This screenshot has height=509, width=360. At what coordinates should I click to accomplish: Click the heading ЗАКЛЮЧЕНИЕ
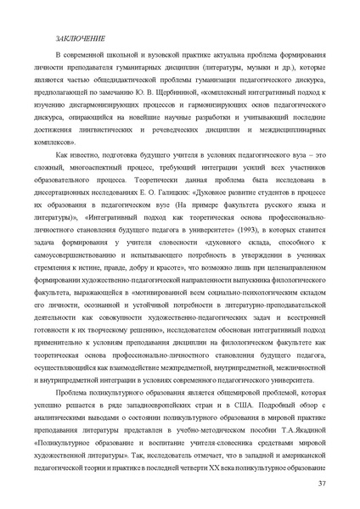(x=80, y=39)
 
